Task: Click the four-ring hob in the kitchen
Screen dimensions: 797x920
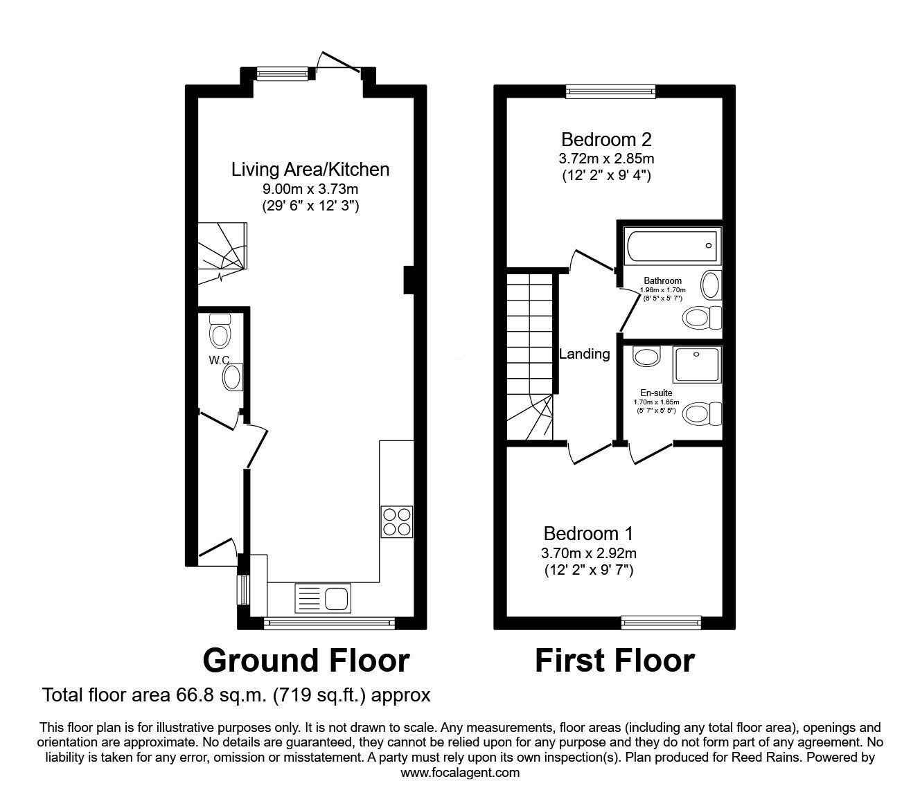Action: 397,521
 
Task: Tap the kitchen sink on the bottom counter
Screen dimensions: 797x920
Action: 324,597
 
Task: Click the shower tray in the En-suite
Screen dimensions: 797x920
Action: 698,364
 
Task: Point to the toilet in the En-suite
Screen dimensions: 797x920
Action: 701,414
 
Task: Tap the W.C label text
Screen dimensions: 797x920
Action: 220,360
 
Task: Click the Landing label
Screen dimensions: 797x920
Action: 585,354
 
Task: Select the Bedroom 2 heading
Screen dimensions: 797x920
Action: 606,139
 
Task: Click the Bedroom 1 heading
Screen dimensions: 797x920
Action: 588,534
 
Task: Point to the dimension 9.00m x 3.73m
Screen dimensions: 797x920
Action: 310,188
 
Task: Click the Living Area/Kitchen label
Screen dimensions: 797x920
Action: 310,169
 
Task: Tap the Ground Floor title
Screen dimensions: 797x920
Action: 306,660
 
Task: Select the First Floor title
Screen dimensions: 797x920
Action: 614,660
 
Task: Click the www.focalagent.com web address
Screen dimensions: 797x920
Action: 460,773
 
